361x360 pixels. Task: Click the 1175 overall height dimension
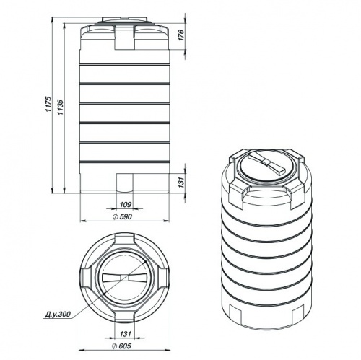tap(48, 104)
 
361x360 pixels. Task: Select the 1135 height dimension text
tap(61, 107)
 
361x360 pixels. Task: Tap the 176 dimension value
tap(181, 35)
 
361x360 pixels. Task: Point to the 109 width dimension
tap(126, 205)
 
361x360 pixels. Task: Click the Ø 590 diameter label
tap(122, 216)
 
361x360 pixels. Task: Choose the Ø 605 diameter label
tap(121, 346)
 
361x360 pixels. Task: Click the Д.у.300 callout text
tap(58, 314)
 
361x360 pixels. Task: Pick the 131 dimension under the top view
tap(126, 334)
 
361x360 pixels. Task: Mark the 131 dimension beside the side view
tap(181, 183)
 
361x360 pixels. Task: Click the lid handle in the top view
tap(124, 278)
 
